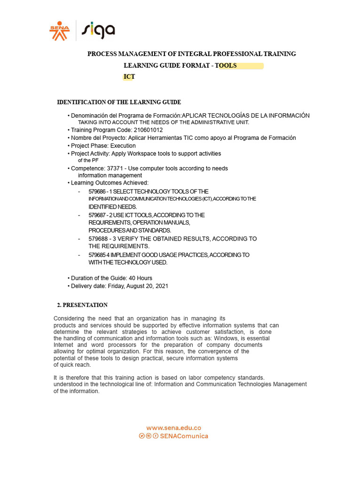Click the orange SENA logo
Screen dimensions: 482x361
point(59,31)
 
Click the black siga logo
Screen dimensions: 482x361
point(98,31)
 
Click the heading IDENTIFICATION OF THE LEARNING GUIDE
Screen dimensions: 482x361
point(119,102)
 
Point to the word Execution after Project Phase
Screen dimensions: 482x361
point(123,146)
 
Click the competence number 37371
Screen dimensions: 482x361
point(115,168)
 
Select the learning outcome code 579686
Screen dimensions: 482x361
point(97,192)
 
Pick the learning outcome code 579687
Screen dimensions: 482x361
point(97,215)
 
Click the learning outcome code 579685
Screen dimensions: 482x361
point(97,255)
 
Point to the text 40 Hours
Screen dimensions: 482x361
point(140,278)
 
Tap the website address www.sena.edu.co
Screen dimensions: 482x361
point(173,428)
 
